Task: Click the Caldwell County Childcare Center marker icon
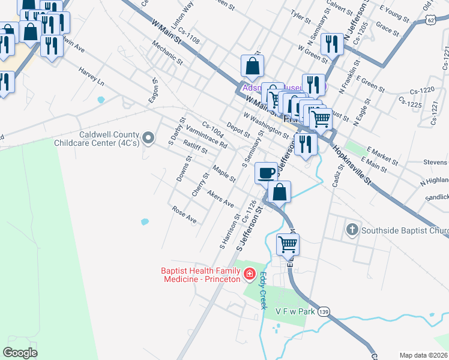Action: pos(150,139)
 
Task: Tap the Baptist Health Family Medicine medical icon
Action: pos(250,275)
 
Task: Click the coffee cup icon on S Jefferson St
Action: pos(267,173)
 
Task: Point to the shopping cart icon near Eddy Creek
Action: pos(288,244)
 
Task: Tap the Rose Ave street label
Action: pos(184,215)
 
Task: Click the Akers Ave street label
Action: pos(220,200)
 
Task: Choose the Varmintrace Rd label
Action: pos(206,137)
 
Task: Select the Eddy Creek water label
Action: pos(263,291)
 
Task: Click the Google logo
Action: pos(20,352)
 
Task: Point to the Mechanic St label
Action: pos(167,52)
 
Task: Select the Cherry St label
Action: pos(199,185)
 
